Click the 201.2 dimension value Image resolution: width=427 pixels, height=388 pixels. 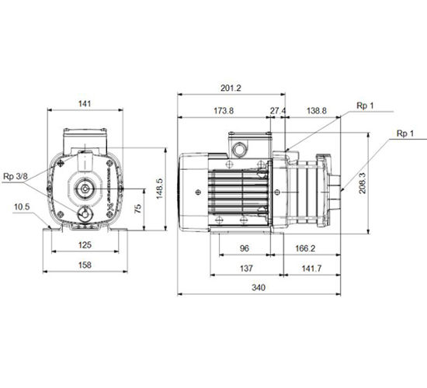click(x=231, y=88)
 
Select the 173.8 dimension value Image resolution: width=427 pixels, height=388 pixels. click(x=224, y=111)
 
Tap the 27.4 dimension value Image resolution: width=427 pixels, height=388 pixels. click(x=278, y=111)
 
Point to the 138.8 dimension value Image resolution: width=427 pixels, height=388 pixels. click(x=317, y=111)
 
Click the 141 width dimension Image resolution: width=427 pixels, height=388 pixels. click(x=85, y=104)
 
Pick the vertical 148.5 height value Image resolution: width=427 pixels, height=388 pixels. click(x=159, y=189)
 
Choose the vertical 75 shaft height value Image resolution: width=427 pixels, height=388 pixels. click(x=138, y=208)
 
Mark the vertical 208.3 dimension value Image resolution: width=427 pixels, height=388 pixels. click(x=363, y=183)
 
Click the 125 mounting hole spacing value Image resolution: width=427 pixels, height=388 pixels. click(x=85, y=244)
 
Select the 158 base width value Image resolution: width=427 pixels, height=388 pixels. click(x=85, y=265)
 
